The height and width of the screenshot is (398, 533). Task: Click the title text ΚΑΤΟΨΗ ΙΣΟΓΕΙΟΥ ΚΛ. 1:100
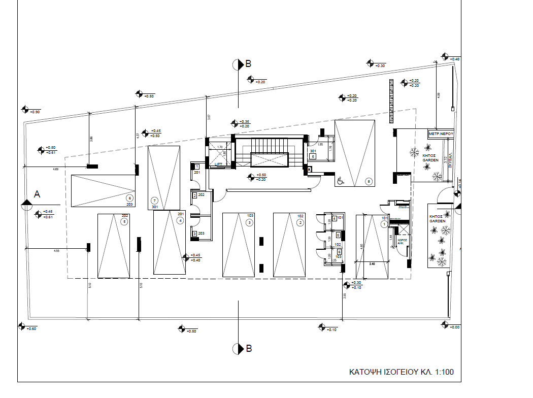pyautogui.click(x=401, y=372)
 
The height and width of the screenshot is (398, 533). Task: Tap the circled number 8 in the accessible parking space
pyautogui.click(x=369, y=181)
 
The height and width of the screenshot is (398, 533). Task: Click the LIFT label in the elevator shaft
pyautogui.click(x=219, y=164)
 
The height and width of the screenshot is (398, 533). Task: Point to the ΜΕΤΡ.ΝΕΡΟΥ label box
pyautogui.click(x=440, y=133)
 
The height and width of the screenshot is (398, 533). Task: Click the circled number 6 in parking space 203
pyautogui.click(x=130, y=198)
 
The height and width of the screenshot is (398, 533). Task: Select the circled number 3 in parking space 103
pyautogui.click(x=249, y=222)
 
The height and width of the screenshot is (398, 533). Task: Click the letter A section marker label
pyautogui.click(x=37, y=194)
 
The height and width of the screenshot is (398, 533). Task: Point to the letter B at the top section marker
pyautogui.click(x=248, y=64)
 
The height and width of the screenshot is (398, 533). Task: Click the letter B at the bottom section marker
pyautogui.click(x=248, y=349)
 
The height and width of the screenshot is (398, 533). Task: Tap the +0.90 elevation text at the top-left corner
pyautogui.click(x=35, y=112)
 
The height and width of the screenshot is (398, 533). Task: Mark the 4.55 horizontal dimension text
pyautogui.click(x=56, y=251)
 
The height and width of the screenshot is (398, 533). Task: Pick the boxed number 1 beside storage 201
pyautogui.click(x=196, y=167)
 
